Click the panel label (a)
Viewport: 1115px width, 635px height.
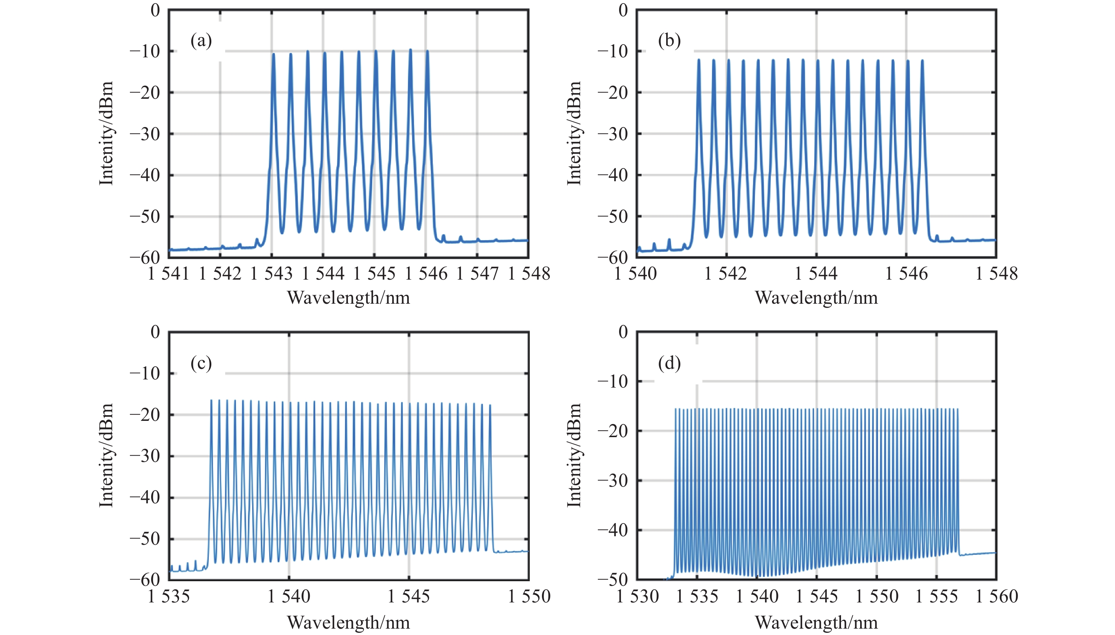[x=201, y=41]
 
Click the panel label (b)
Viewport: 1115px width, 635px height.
[x=669, y=41]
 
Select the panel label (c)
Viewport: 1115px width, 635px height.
[x=201, y=363]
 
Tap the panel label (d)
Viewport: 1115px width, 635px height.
[x=669, y=363]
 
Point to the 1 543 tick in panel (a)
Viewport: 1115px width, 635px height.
[x=271, y=274]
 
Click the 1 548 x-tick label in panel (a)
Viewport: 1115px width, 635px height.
[x=529, y=274]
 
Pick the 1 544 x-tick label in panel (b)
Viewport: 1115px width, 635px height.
[x=816, y=274]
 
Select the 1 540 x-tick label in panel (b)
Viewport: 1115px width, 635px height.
[x=635, y=274]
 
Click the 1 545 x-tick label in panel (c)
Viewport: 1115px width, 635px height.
[x=408, y=596]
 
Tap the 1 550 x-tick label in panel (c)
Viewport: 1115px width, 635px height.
[x=529, y=596]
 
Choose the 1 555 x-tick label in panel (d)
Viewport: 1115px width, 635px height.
[x=936, y=596]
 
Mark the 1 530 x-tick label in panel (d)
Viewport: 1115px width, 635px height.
[x=637, y=596]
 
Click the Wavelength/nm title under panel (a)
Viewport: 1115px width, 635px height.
[x=348, y=298]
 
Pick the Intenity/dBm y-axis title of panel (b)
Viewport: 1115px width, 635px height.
[x=574, y=133]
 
